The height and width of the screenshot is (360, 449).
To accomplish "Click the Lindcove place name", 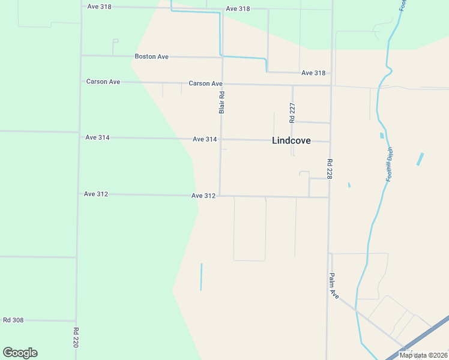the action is click(x=291, y=141).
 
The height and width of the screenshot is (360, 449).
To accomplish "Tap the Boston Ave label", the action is click(x=151, y=56).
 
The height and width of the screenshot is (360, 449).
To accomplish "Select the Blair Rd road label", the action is click(x=221, y=102).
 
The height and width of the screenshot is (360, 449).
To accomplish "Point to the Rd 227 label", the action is click(x=292, y=113).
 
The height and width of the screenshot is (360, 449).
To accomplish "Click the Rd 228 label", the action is click(x=330, y=169).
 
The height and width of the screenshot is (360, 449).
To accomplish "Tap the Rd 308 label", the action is click(x=13, y=320).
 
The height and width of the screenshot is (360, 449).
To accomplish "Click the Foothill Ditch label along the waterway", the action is click(x=390, y=164).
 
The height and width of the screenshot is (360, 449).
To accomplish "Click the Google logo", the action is click(x=20, y=353).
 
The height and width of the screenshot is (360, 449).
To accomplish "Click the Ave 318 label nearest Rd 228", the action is click(x=313, y=73).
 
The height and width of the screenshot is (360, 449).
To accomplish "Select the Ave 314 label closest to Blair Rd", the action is click(x=205, y=139).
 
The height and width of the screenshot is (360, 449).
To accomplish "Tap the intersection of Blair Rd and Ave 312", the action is click(x=220, y=195).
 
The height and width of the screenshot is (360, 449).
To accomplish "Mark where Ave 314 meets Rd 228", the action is click(x=330, y=142).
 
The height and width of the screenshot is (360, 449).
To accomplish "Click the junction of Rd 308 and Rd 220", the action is click(x=76, y=320).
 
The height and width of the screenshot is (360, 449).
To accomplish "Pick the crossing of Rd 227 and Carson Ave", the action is click(x=292, y=85).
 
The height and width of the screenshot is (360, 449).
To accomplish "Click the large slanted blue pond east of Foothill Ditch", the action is click(x=420, y=159).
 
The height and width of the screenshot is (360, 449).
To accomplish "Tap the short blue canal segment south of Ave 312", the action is click(x=201, y=277).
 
